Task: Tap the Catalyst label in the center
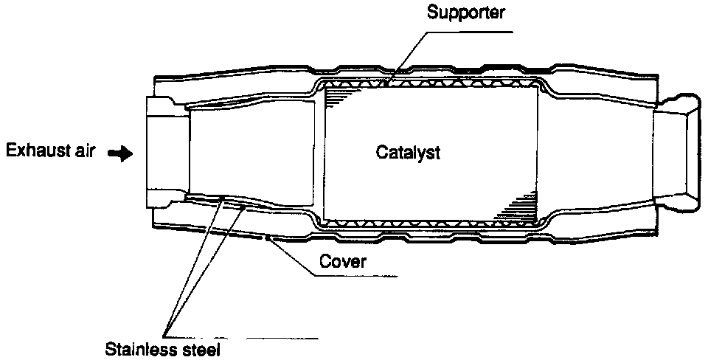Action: [408, 153]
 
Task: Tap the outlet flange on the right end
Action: [676, 153]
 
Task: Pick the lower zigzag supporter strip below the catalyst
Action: [431, 221]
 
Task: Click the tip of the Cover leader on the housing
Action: [267, 238]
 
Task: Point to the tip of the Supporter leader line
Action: [392, 76]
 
